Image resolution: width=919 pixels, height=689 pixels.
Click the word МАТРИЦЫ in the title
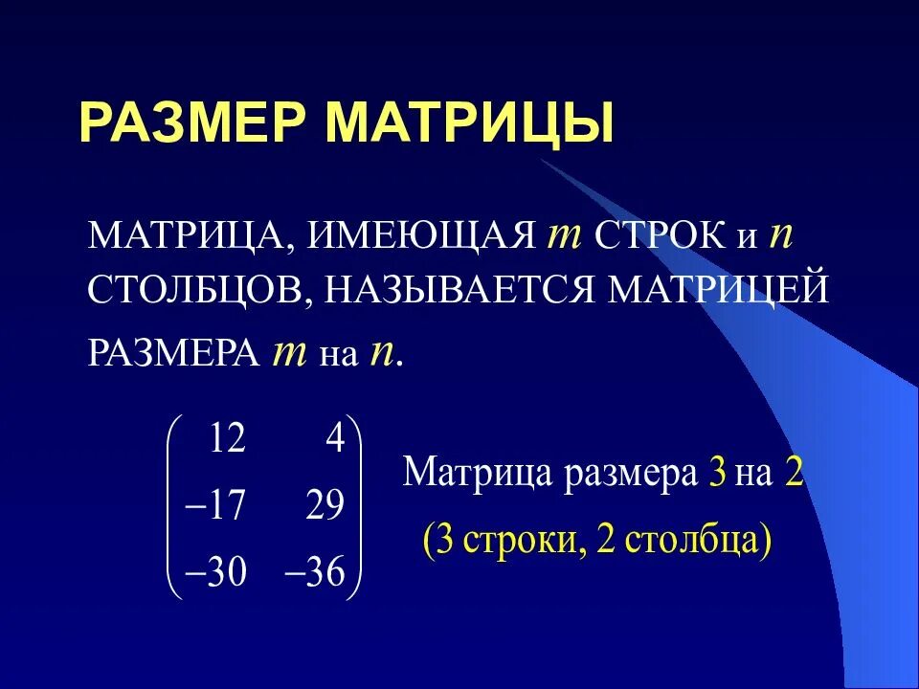point(469,122)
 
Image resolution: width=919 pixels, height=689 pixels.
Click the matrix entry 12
point(227,439)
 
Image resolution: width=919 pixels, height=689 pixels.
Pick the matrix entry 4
point(334,439)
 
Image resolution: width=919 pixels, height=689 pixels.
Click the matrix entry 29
point(325,505)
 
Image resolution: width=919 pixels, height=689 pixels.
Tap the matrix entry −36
point(315,571)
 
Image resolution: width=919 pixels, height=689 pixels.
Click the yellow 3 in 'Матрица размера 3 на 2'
point(717,474)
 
